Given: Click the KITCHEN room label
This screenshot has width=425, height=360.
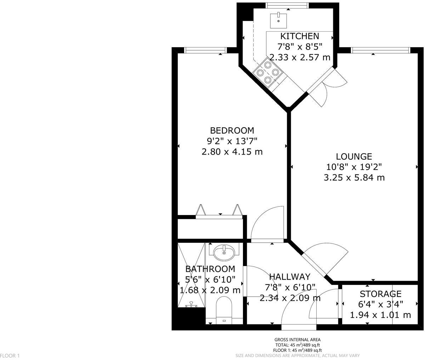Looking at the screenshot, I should (300, 36).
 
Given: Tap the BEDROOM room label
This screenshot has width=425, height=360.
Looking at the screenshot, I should (232, 130).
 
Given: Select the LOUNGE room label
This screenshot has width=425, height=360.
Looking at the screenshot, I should (354, 156).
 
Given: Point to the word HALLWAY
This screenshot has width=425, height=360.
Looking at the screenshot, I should (289, 276).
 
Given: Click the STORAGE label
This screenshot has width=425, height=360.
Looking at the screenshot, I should (380, 294).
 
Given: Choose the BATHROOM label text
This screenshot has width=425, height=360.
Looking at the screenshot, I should (210, 269).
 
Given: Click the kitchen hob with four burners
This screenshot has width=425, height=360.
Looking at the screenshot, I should (267, 73).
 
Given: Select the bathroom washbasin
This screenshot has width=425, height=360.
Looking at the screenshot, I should (224, 252).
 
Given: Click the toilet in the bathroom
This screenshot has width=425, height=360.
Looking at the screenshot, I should (224, 310).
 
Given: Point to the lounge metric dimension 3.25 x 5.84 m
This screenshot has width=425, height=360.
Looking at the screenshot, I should (354, 178).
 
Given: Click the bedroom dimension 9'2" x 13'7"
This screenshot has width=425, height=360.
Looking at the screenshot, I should (232, 141).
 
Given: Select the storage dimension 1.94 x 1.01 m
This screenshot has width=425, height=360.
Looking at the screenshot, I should (380, 315).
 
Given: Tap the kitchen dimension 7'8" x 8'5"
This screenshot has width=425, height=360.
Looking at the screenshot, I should (300, 46).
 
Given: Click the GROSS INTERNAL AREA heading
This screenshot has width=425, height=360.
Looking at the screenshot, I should (297, 339).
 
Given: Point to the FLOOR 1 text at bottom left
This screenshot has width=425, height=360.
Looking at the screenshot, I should (10, 355).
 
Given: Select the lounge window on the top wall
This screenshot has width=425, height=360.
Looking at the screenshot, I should (381, 50).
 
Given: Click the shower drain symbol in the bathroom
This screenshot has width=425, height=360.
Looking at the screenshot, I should (191, 304).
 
